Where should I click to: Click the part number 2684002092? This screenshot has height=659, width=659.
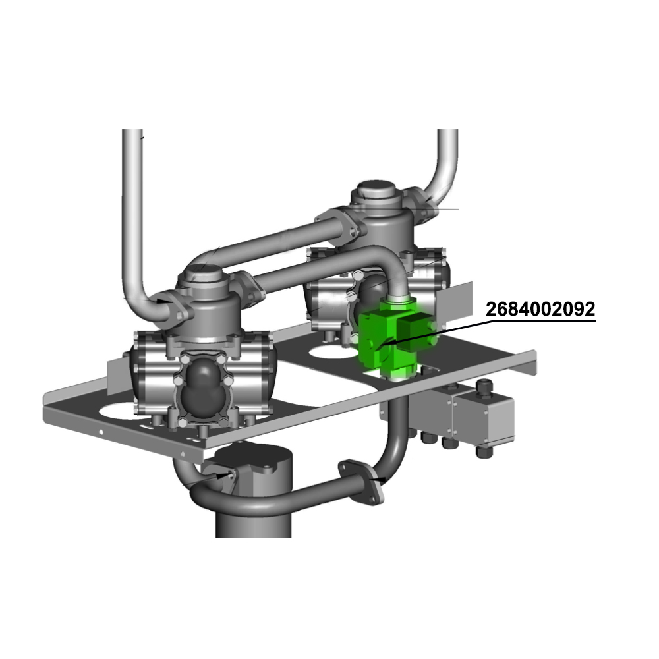(x=540, y=309)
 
